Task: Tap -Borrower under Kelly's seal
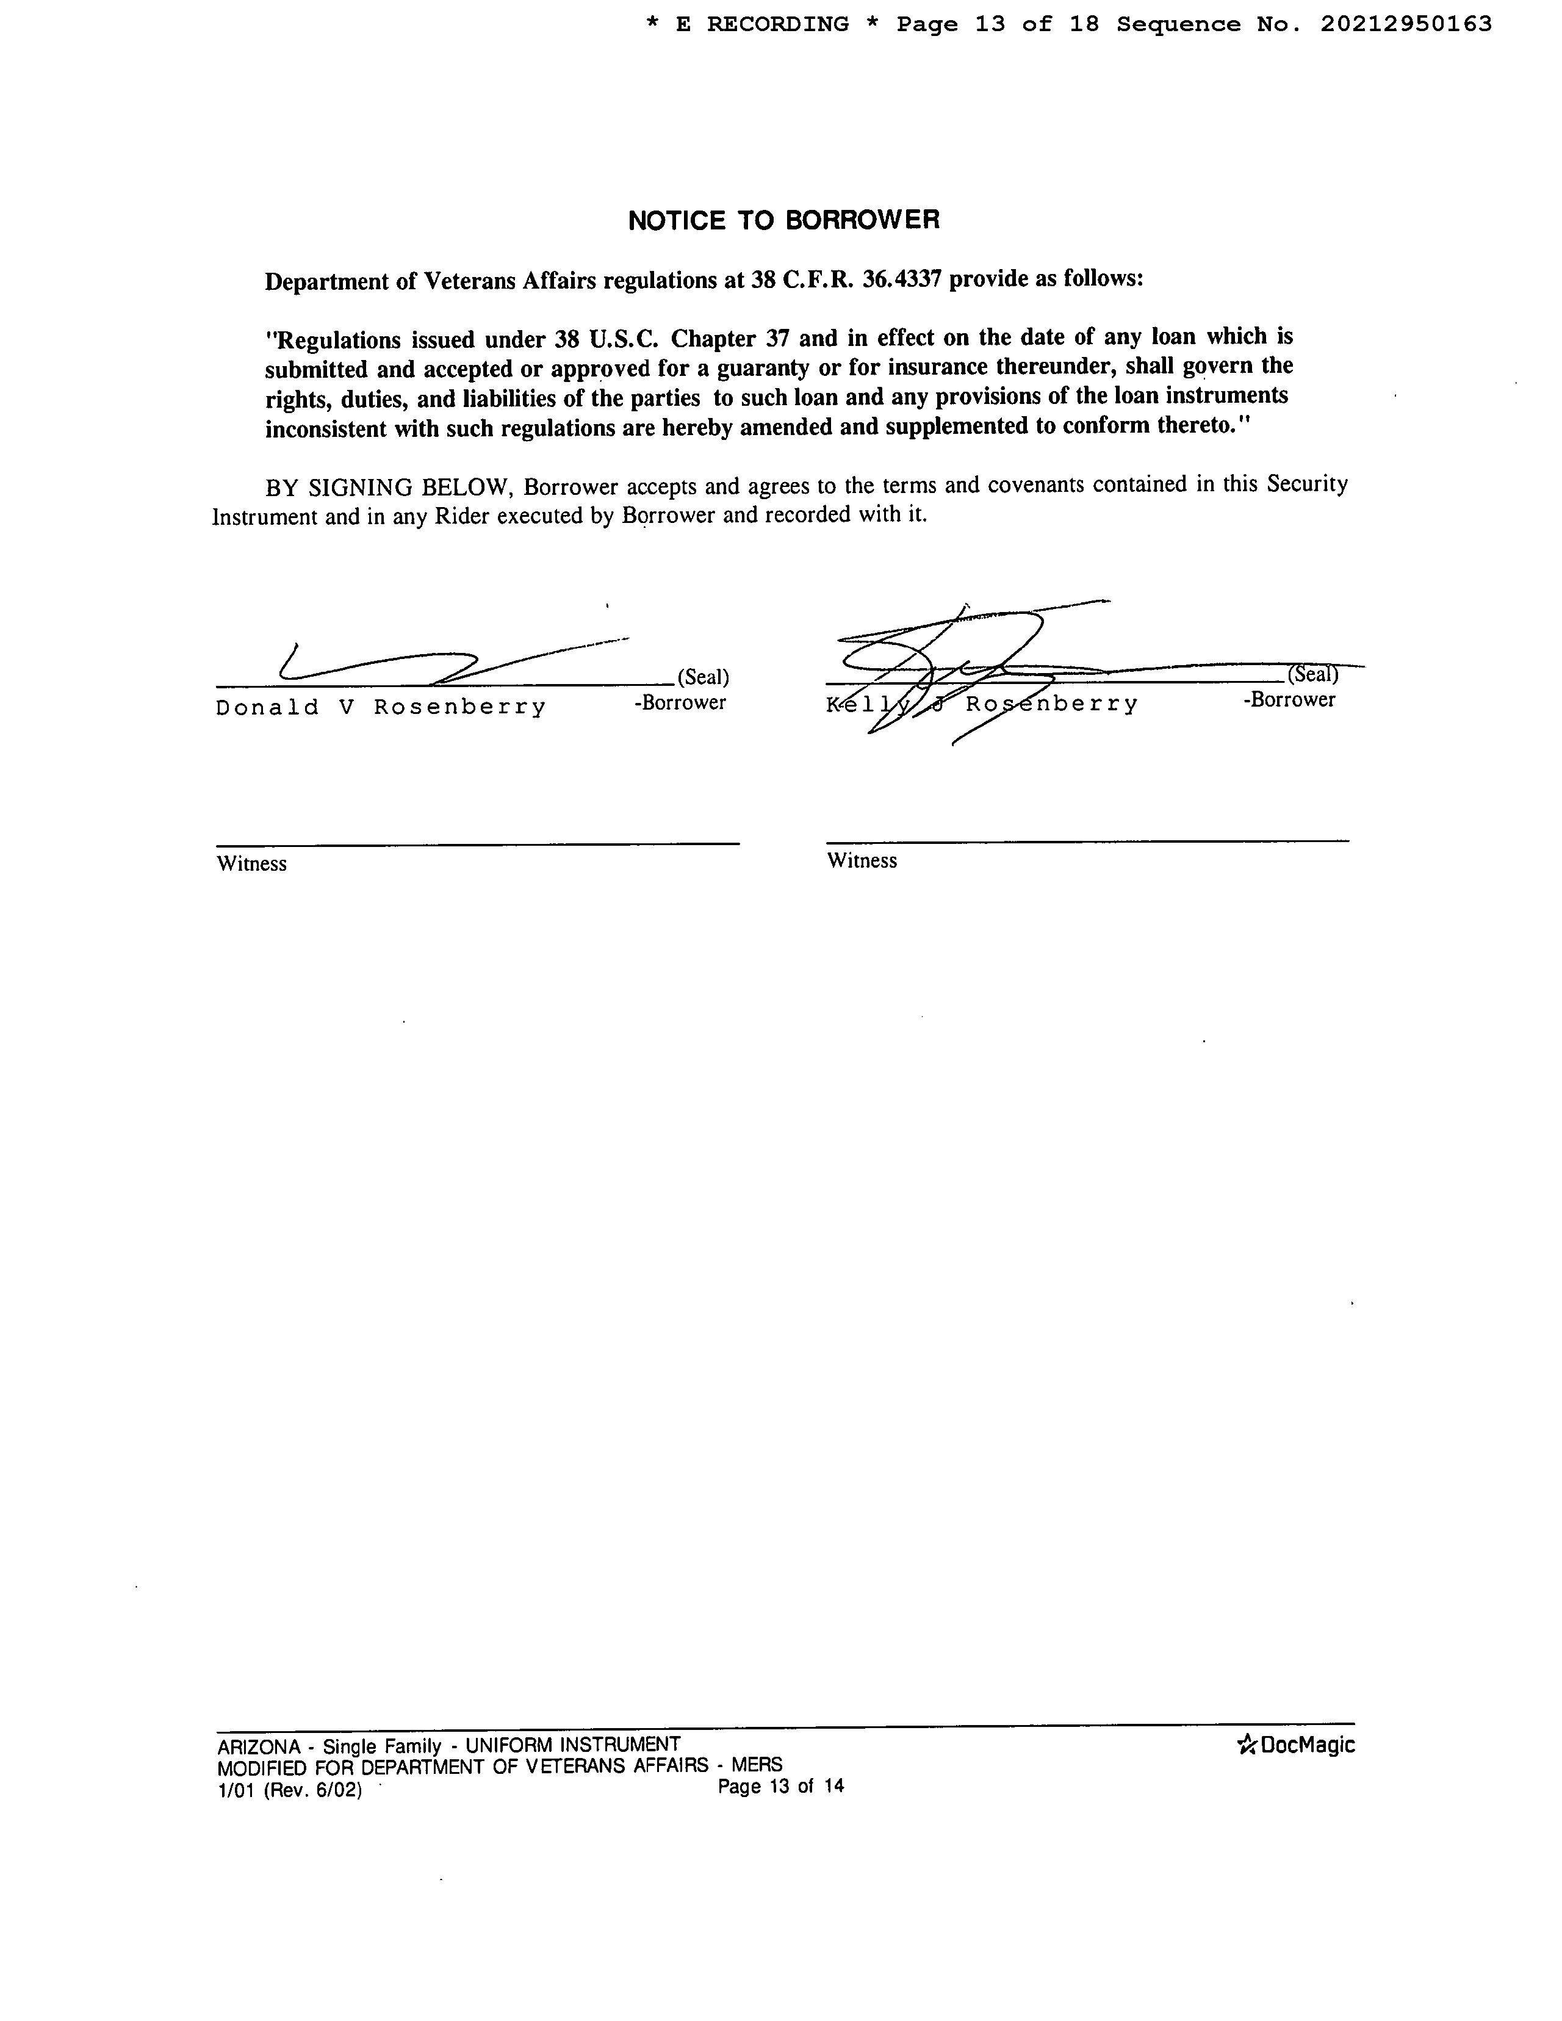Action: [1289, 699]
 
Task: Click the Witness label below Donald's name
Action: [252, 863]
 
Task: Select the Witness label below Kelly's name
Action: [862, 860]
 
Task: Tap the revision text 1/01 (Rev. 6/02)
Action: [289, 1790]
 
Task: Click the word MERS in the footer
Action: [756, 1765]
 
